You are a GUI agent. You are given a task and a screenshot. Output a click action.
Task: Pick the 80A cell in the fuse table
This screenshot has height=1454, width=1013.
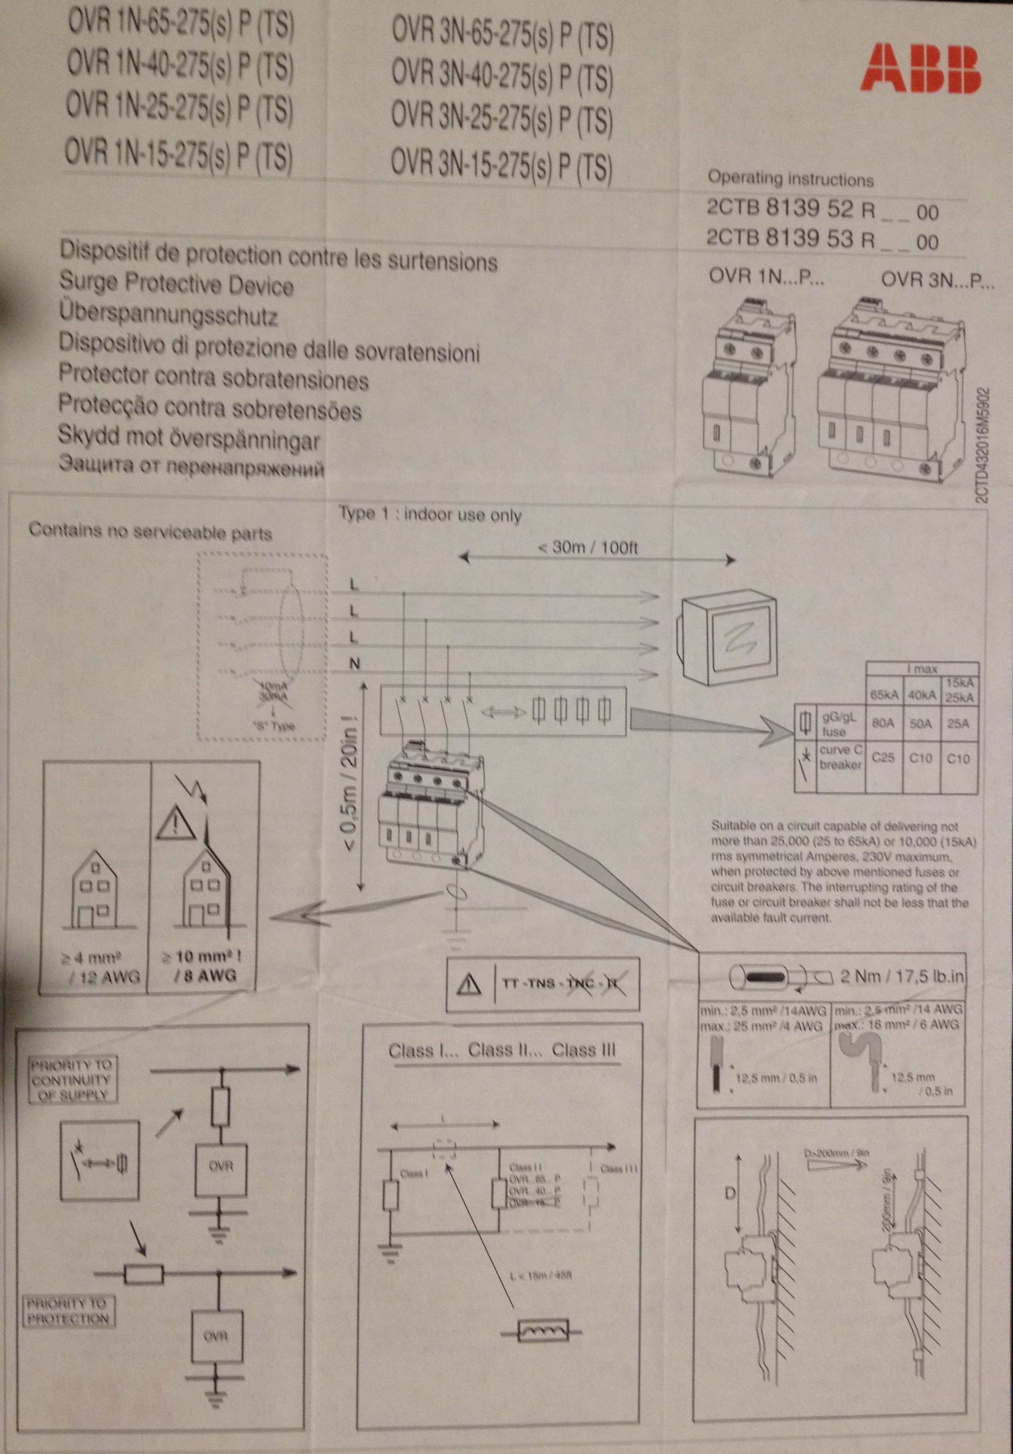tap(882, 724)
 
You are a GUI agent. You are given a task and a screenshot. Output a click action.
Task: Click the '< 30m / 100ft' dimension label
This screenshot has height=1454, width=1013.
tap(587, 548)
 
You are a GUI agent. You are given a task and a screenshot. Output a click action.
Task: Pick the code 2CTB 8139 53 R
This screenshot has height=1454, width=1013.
tap(791, 239)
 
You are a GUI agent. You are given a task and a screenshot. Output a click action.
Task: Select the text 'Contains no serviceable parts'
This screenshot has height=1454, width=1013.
tap(150, 532)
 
